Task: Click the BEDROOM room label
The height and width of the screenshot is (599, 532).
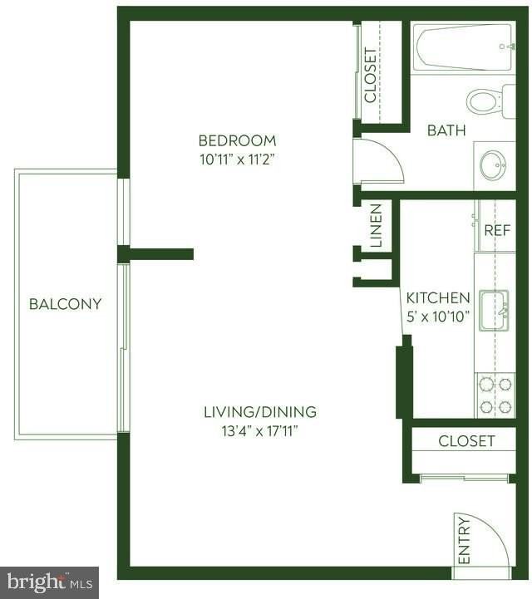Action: (x=237, y=140)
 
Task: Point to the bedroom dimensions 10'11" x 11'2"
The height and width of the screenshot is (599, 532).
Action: (x=237, y=160)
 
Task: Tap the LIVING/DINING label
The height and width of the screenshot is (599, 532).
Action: (x=260, y=411)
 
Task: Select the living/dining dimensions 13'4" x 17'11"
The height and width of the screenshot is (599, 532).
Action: (x=260, y=430)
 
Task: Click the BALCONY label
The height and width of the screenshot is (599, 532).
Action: (x=65, y=304)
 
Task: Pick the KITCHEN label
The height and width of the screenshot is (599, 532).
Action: (x=438, y=297)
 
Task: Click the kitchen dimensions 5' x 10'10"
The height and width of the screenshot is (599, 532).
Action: (x=438, y=316)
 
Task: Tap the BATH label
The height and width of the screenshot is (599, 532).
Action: (x=446, y=130)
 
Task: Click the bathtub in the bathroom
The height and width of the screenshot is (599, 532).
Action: (x=463, y=48)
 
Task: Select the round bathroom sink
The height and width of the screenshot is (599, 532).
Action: (x=494, y=164)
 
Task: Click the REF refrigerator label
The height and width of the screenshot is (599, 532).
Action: (x=497, y=231)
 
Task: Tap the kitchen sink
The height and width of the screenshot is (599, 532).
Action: (x=494, y=311)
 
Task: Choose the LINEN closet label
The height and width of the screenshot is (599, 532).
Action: (x=376, y=226)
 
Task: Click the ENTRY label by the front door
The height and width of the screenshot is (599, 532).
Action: (x=464, y=538)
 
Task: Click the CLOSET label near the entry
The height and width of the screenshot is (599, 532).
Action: (x=466, y=441)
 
